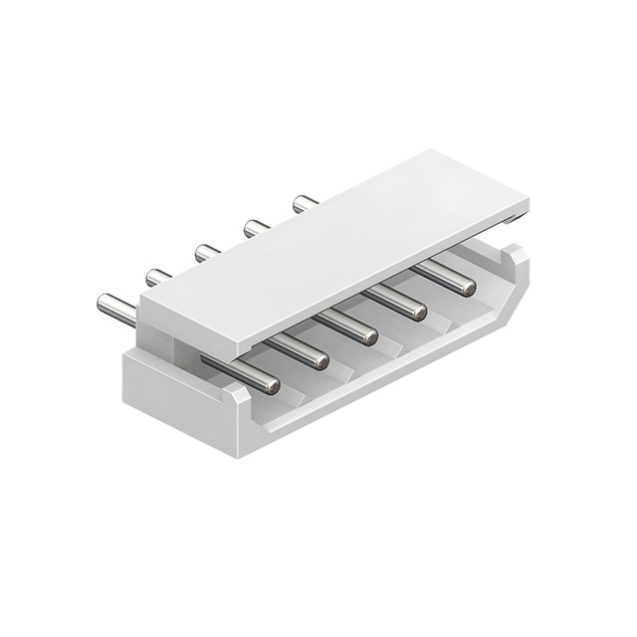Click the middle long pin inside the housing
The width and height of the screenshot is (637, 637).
click(x=354, y=323)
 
